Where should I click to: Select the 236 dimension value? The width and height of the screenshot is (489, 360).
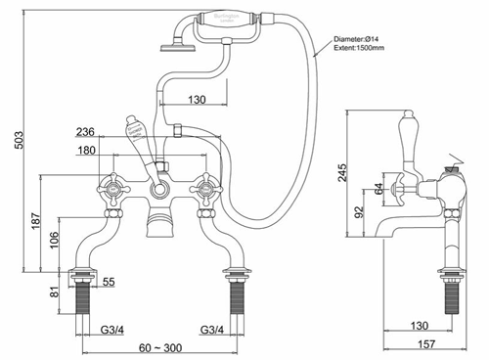click(84, 132)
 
